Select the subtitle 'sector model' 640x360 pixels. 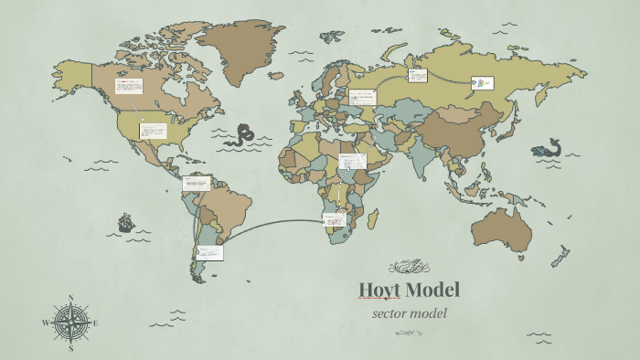click(409, 313)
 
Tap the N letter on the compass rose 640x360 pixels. click(71, 298)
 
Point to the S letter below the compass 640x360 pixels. click(71, 348)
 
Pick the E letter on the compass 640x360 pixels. click(96, 323)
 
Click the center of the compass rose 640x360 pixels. click(71, 323)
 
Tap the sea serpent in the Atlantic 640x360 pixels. click(243, 135)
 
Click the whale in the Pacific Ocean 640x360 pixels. click(549, 148)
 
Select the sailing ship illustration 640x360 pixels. click(125, 222)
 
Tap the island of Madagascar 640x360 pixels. click(374, 219)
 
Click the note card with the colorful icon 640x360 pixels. click(482, 84)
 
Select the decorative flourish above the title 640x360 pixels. click(409, 268)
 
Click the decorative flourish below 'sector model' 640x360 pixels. click(409, 334)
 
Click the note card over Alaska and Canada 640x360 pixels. click(128, 86)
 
